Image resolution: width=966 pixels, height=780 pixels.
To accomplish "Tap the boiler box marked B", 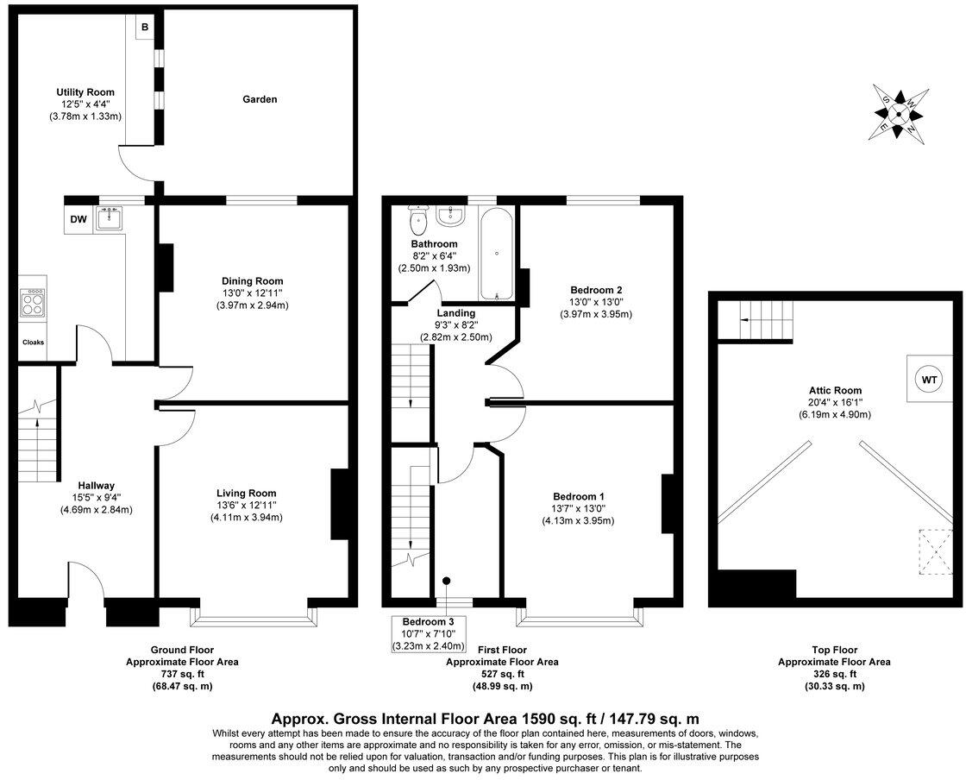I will pyautogui.click(x=145, y=28).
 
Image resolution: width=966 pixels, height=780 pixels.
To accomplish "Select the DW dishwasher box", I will pyautogui.click(x=78, y=219).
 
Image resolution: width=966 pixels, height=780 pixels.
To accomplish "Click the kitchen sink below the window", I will pyautogui.click(x=110, y=219).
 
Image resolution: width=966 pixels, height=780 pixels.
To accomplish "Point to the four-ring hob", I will pyautogui.click(x=33, y=303).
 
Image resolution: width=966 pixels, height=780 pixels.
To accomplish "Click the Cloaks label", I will pyautogui.click(x=33, y=343).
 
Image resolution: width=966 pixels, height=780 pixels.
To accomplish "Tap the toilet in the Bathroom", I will pyautogui.click(x=419, y=222).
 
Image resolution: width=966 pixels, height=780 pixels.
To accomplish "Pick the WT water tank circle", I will pyautogui.click(x=929, y=379).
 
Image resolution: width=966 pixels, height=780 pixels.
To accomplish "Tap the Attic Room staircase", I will pyautogui.click(x=756, y=322).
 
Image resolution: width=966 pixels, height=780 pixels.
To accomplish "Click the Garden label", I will pyautogui.click(x=260, y=99).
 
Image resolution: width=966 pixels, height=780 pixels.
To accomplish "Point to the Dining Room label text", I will pyautogui.click(x=253, y=281).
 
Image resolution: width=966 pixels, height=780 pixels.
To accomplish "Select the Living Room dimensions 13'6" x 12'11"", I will pyautogui.click(x=247, y=506).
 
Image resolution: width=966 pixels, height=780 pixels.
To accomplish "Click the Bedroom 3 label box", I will pyautogui.click(x=430, y=633).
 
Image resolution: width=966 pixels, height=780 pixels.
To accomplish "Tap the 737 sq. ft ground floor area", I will pyautogui.click(x=183, y=674).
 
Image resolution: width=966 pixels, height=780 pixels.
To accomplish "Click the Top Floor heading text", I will pyautogui.click(x=834, y=650).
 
